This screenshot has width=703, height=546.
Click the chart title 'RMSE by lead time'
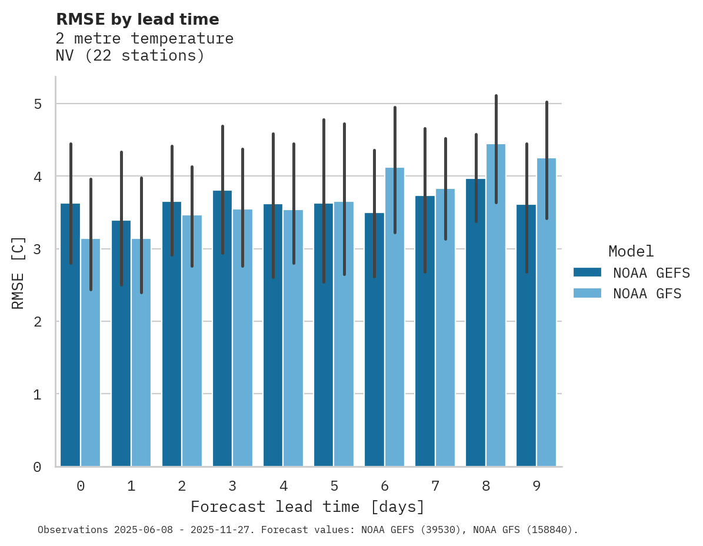coord(137,19)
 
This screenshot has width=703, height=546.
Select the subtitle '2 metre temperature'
coord(144,39)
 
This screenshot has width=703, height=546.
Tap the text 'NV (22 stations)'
coord(130,56)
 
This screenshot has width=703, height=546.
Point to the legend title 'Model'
coord(631,251)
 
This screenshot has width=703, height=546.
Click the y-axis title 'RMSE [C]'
coord(18,272)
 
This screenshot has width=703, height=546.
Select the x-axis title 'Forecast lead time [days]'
coord(307,507)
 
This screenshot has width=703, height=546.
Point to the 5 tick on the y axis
coord(37,104)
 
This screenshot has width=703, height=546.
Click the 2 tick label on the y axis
coord(37,322)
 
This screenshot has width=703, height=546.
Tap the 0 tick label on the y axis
coord(37,467)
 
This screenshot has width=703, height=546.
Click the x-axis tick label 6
coord(385,486)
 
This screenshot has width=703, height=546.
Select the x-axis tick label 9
coord(537,486)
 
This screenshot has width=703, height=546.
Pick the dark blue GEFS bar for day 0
coord(70,335)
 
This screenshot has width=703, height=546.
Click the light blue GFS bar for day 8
coord(496,306)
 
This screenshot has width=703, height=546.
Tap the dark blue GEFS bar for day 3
coord(222,329)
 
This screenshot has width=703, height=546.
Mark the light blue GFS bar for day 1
coord(141,353)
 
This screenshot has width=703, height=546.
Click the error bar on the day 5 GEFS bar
coord(324,200)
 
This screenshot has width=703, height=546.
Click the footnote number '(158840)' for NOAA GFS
coord(552,530)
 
